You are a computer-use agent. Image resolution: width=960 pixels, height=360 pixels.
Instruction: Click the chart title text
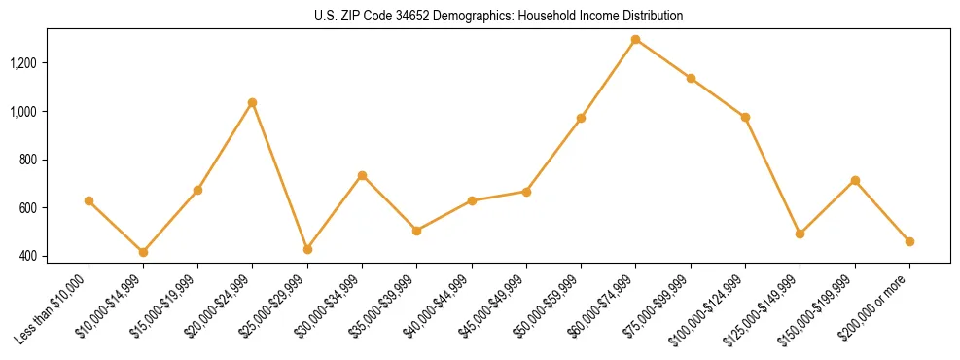[499, 16]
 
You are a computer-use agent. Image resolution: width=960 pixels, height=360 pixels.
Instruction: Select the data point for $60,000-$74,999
[635, 40]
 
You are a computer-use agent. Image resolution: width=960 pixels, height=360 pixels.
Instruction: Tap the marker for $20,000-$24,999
[253, 102]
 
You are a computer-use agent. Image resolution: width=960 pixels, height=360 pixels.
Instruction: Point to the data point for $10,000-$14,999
[143, 252]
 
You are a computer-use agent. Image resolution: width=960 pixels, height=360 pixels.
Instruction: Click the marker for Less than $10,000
[89, 200]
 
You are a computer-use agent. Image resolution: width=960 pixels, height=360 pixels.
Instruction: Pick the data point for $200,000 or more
[909, 241]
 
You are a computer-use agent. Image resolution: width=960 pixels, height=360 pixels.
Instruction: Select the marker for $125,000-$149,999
[800, 234]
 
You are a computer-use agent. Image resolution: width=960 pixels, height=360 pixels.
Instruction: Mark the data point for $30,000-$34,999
[362, 175]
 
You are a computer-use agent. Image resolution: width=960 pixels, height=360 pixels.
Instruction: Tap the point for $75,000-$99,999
[691, 78]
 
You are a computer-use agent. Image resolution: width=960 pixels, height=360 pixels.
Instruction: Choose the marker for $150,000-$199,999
[855, 180]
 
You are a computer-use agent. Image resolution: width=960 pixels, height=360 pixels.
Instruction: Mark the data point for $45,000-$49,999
[526, 192]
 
